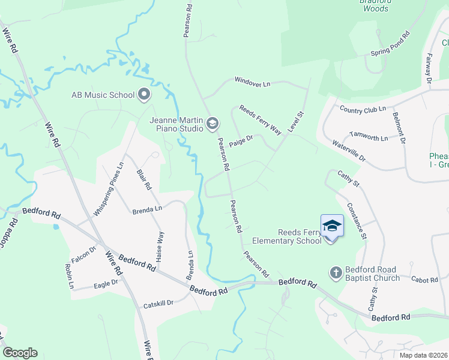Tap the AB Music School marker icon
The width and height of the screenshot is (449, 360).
tap(144, 94)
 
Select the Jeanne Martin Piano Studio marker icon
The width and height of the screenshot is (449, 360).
tap(211, 124)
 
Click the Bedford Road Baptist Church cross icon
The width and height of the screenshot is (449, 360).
tap(336, 273)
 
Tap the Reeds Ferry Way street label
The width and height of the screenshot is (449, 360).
tap(260, 120)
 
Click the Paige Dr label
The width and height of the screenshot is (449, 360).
tap(241, 142)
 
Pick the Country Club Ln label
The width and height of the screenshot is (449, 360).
tap(362, 109)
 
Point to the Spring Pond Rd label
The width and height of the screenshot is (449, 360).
tap(390, 44)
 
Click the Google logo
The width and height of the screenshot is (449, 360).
tap(20, 353)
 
